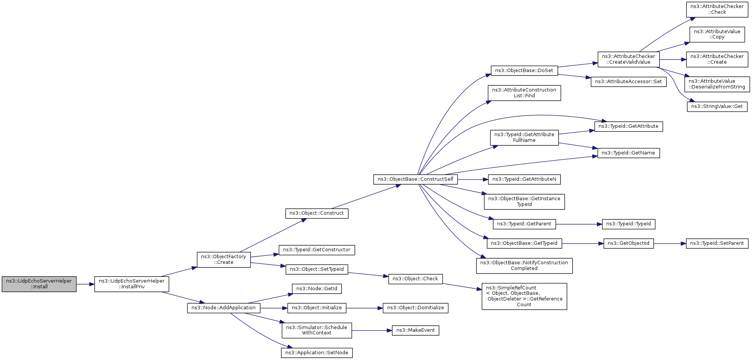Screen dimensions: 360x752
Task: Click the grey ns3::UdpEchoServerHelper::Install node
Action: [x=39, y=284]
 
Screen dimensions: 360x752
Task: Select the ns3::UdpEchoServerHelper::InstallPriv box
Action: [x=132, y=284]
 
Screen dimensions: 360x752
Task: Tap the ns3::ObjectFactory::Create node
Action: [x=224, y=260]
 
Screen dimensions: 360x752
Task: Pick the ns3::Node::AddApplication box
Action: [x=224, y=308]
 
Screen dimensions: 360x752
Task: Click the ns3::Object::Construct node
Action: [x=317, y=213]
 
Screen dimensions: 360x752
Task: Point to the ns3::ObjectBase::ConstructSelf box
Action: [x=415, y=179]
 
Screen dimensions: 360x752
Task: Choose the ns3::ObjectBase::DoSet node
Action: [x=524, y=71]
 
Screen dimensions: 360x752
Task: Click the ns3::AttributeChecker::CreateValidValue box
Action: [x=628, y=59]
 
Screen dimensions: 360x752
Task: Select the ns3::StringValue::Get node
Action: [x=717, y=107]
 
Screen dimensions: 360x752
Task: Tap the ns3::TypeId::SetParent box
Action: [x=717, y=243]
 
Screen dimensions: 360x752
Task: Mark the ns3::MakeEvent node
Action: [x=415, y=330]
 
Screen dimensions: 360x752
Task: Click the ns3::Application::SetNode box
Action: [x=317, y=353]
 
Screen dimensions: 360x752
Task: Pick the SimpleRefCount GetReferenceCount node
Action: [x=524, y=296]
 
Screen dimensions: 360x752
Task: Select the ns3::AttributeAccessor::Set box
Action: [x=628, y=82]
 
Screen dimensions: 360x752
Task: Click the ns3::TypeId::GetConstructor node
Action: [x=317, y=250]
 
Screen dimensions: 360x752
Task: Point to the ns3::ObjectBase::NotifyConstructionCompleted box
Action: [x=524, y=266]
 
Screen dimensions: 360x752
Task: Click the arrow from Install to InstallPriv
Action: [x=85, y=284]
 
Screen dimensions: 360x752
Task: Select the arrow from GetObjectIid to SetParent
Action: [x=670, y=243]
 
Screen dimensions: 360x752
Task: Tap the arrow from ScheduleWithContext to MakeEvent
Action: [x=372, y=331]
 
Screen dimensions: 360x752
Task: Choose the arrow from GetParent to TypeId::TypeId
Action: [x=578, y=224]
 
